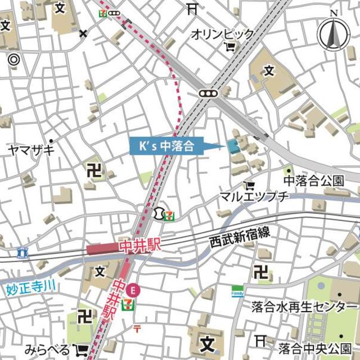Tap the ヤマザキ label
point(31,150)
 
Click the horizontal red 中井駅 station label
point(119,247)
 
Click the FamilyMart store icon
point(238,291)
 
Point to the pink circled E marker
point(133,290)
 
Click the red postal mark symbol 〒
point(136,328)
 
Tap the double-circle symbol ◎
point(14,58)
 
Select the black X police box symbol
point(83,33)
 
